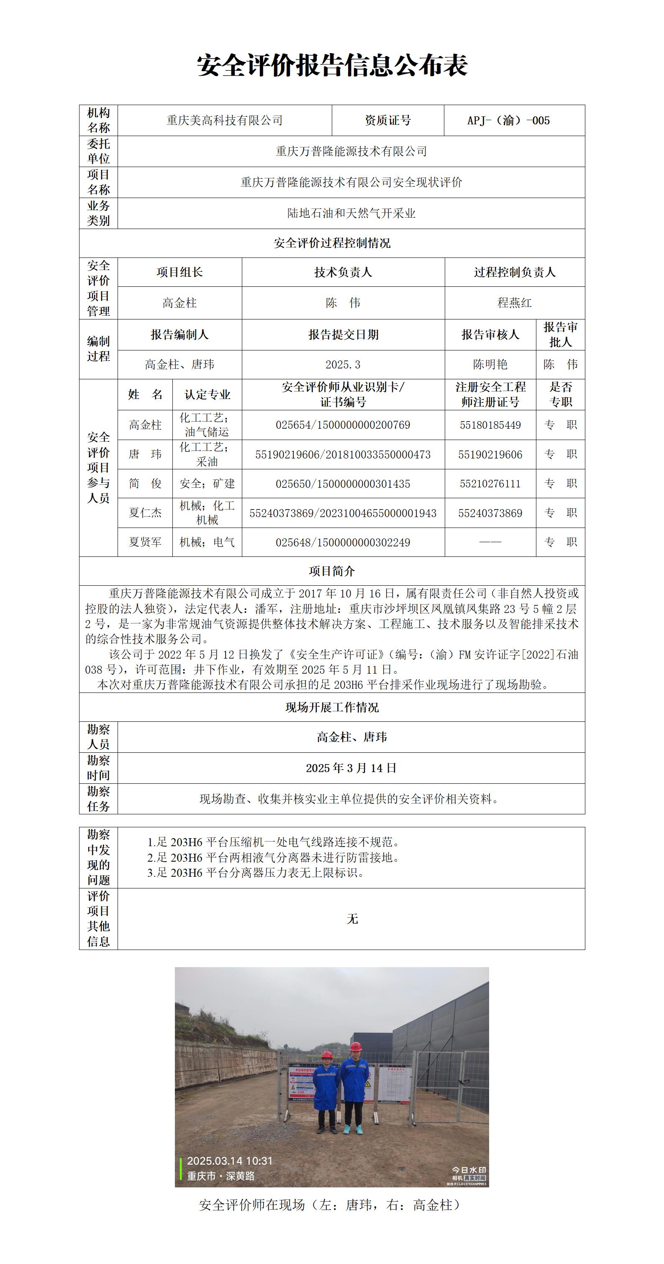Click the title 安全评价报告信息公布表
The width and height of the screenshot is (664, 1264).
point(332,65)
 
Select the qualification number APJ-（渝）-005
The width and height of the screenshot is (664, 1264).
point(508,120)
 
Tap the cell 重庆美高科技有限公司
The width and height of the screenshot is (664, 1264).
point(224,120)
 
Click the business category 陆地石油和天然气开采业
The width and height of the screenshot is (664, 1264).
point(351,214)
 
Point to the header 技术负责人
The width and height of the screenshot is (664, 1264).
point(343,272)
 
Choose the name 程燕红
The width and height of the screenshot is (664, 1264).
point(515,303)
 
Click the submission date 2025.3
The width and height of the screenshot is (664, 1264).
point(343,365)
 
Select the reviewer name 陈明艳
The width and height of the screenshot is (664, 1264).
point(490,365)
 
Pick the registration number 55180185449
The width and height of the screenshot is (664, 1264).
point(490,425)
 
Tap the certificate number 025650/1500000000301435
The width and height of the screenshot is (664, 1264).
point(343,484)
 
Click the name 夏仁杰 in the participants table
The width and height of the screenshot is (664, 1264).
point(145,513)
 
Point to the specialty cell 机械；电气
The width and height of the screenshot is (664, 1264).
point(207,542)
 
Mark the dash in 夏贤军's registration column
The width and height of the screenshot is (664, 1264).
point(490,542)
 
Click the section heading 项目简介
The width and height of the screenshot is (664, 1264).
point(332,571)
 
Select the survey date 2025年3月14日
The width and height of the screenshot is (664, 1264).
point(351,768)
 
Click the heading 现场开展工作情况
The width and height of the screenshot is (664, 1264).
point(332,707)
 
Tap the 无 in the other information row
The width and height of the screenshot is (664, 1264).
point(352,919)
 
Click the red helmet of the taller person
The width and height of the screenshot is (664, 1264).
point(356,1047)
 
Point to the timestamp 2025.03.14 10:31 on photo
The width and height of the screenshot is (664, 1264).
point(230,1161)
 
